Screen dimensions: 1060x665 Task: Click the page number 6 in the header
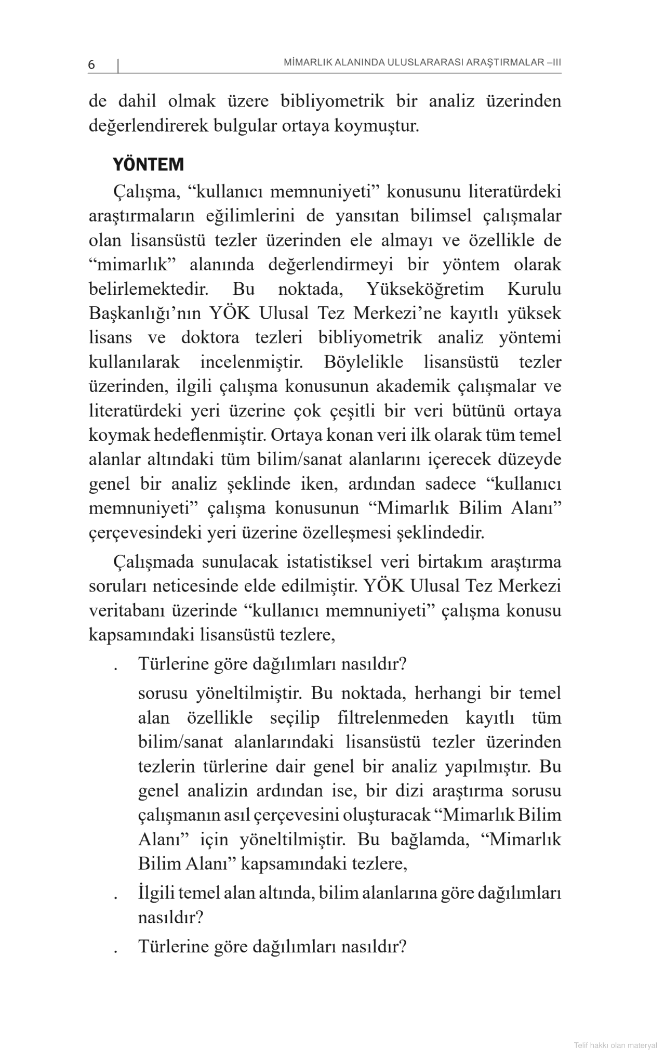point(91,64)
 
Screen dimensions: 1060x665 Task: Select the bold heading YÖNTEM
point(148,165)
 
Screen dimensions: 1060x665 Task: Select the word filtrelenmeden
point(393,718)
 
